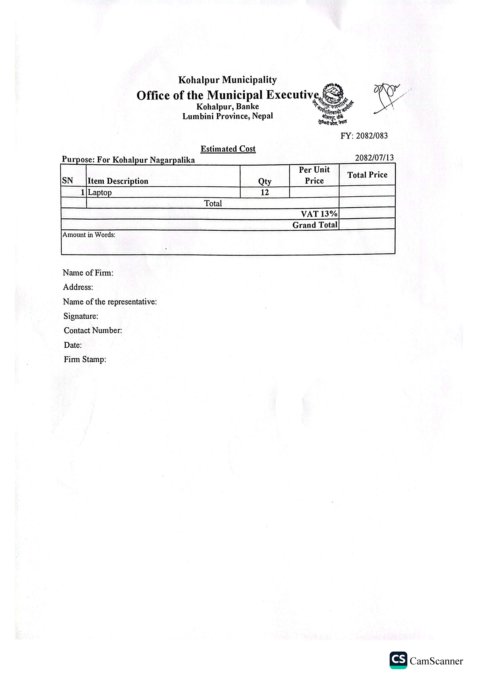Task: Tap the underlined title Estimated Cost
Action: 228,149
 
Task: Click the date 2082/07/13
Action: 374,158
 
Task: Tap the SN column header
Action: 67,181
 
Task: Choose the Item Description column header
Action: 118,181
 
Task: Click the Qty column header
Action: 264,181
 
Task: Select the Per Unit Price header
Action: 314,175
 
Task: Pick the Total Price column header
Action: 367,175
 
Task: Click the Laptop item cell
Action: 100,193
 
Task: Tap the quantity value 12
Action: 264,193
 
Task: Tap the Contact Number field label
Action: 93,330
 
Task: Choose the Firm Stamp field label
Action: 85,359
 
